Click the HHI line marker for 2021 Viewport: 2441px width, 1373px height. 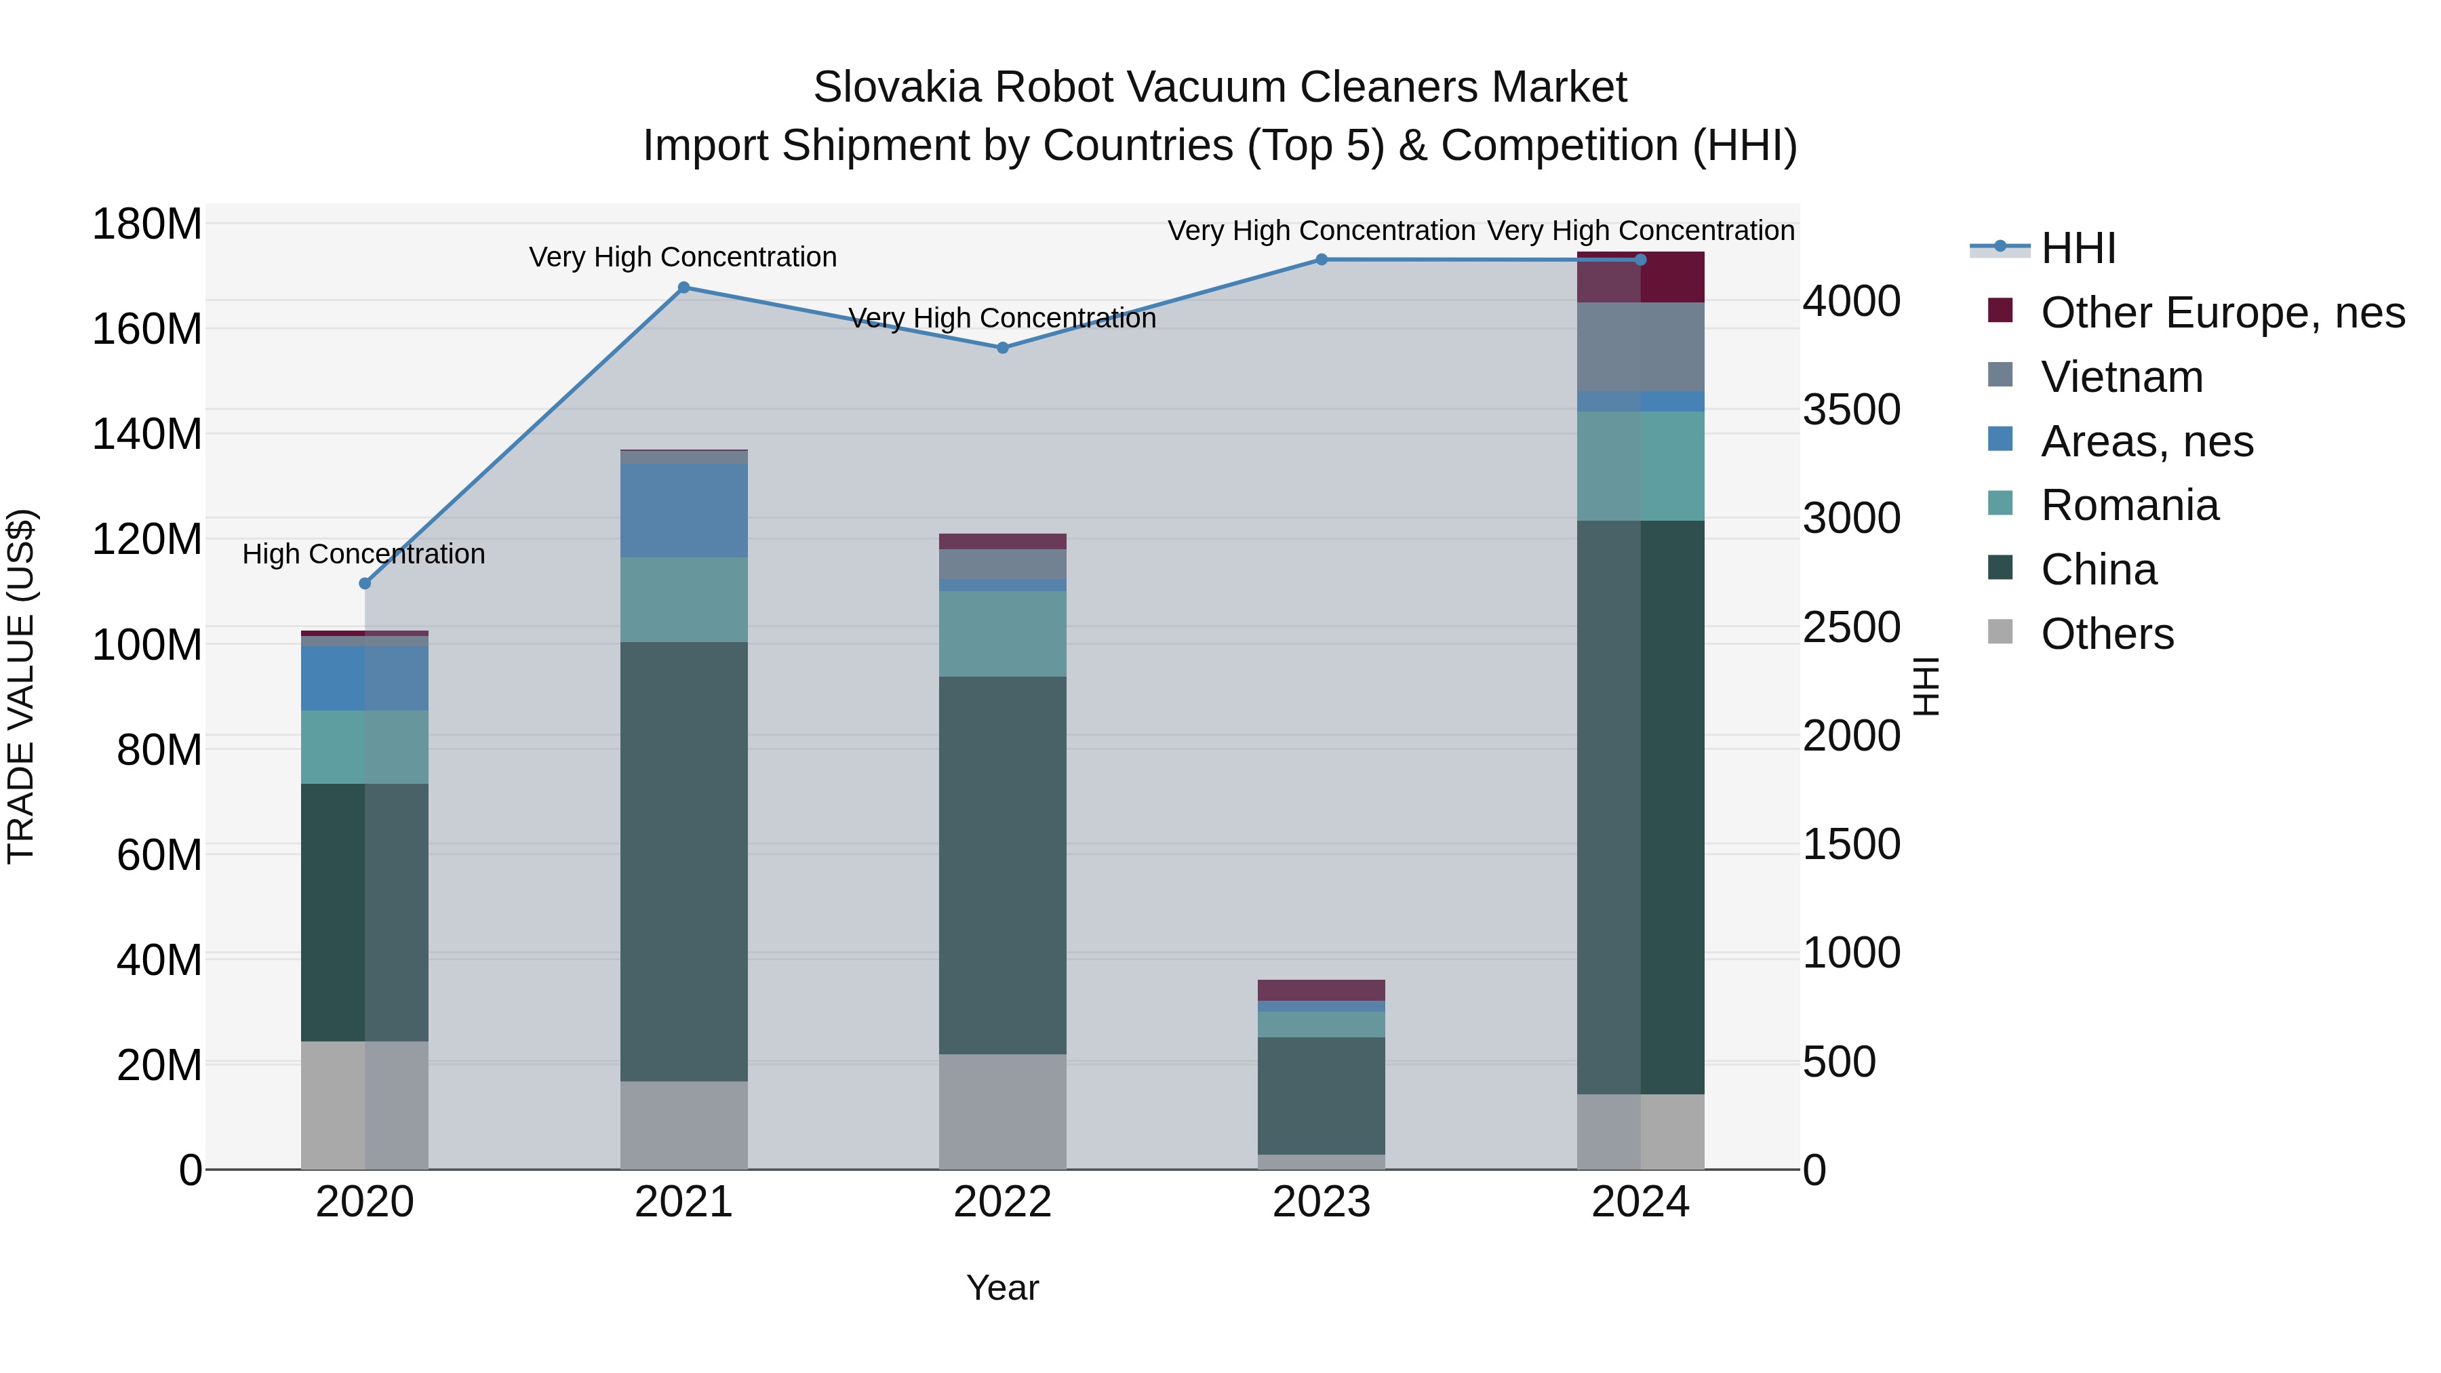683,287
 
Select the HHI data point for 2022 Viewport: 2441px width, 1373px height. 1003,348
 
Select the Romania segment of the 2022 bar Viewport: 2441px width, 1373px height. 1003,633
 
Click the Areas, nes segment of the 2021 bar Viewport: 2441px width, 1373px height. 683,510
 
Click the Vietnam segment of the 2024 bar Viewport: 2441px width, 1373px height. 1640,346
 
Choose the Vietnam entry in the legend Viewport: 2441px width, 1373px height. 2121,377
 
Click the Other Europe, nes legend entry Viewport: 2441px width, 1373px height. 2221,313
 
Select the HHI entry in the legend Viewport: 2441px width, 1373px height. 2077,248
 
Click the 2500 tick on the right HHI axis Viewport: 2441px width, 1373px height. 1850,627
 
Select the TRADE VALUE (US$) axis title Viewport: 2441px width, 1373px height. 21,686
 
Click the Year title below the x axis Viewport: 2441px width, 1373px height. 1003,1288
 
